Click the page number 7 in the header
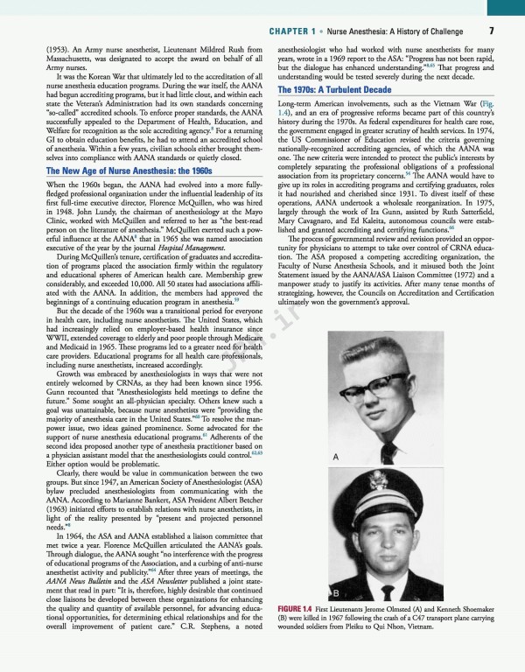click(492, 31)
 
